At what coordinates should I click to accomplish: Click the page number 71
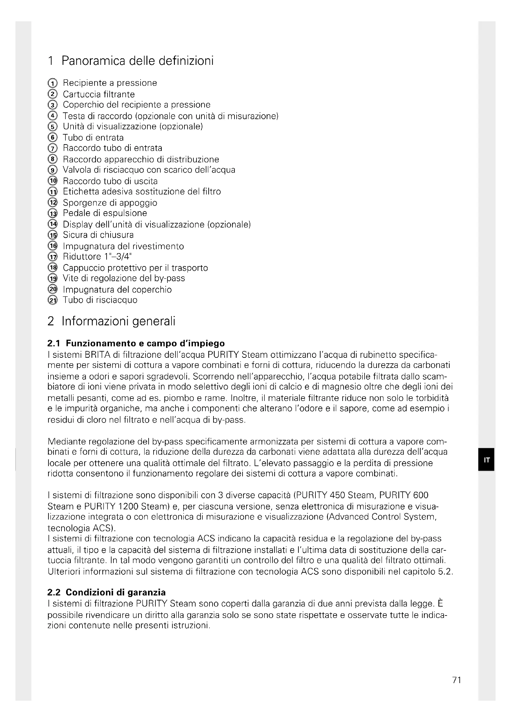tap(456, 680)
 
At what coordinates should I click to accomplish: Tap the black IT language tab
tap(486, 460)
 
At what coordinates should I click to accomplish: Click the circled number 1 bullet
tap(53, 83)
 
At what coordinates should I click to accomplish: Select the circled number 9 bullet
tap(53, 170)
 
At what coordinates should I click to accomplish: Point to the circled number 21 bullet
tap(53, 300)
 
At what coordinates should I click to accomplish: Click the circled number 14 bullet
tap(53, 224)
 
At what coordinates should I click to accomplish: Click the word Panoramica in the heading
tap(93, 61)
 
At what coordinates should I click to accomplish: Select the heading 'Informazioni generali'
tap(118, 321)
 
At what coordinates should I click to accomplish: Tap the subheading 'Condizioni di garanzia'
tap(116, 592)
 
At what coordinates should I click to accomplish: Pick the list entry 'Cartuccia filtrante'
tap(99, 94)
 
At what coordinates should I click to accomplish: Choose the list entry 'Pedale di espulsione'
tap(105, 213)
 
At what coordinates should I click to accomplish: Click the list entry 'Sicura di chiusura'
tap(98, 235)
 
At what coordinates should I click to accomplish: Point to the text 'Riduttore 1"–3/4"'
tap(97, 257)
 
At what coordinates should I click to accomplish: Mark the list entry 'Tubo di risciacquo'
tap(100, 300)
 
